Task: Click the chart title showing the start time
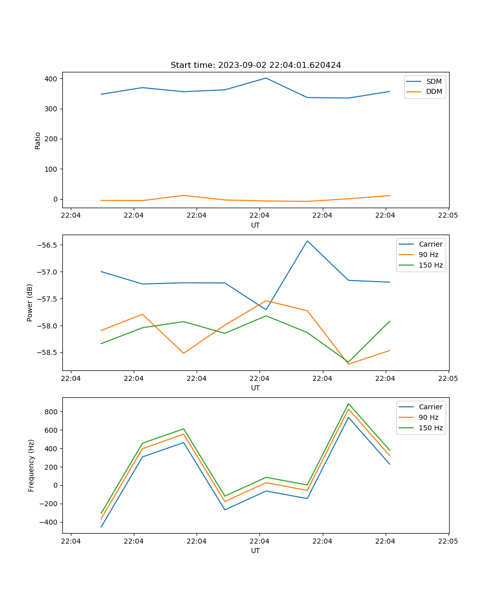(255, 65)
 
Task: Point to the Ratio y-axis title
(38, 140)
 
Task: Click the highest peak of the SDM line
(266, 78)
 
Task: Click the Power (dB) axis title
(30, 302)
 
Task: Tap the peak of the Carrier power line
(307, 241)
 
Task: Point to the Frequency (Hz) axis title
(31, 465)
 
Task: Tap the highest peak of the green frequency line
(348, 404)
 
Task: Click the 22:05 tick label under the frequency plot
(449, 541)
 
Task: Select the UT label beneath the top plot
(255, 225)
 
